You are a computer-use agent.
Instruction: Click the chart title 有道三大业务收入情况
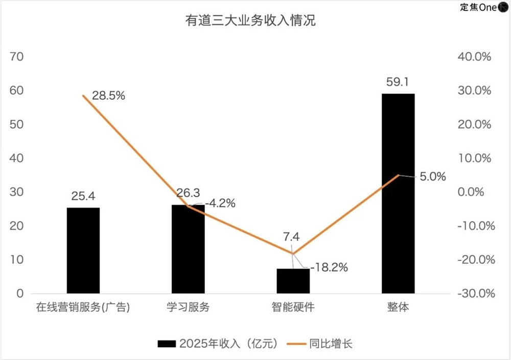(x=250, y=21)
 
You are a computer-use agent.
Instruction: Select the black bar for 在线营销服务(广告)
(x=83, y=250)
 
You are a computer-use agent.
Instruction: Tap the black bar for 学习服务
(x=188, y=249)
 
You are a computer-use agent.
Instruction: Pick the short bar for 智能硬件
(x=293, y=281)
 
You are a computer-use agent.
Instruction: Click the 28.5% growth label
(x=108, y=96)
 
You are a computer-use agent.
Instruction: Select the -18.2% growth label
(x=329, y=267)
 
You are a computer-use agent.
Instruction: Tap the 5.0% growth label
(x=433, y=177)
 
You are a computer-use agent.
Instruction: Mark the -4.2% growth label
(x=220, y=204)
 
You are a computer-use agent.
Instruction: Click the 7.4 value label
(x=293, y=236)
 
